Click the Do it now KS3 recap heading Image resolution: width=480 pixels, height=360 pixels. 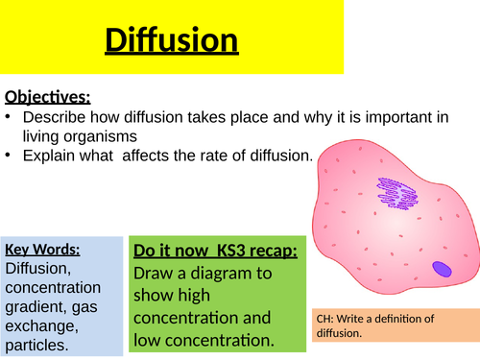coord(214,252)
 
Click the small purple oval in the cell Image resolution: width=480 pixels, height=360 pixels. coord(442,270)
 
